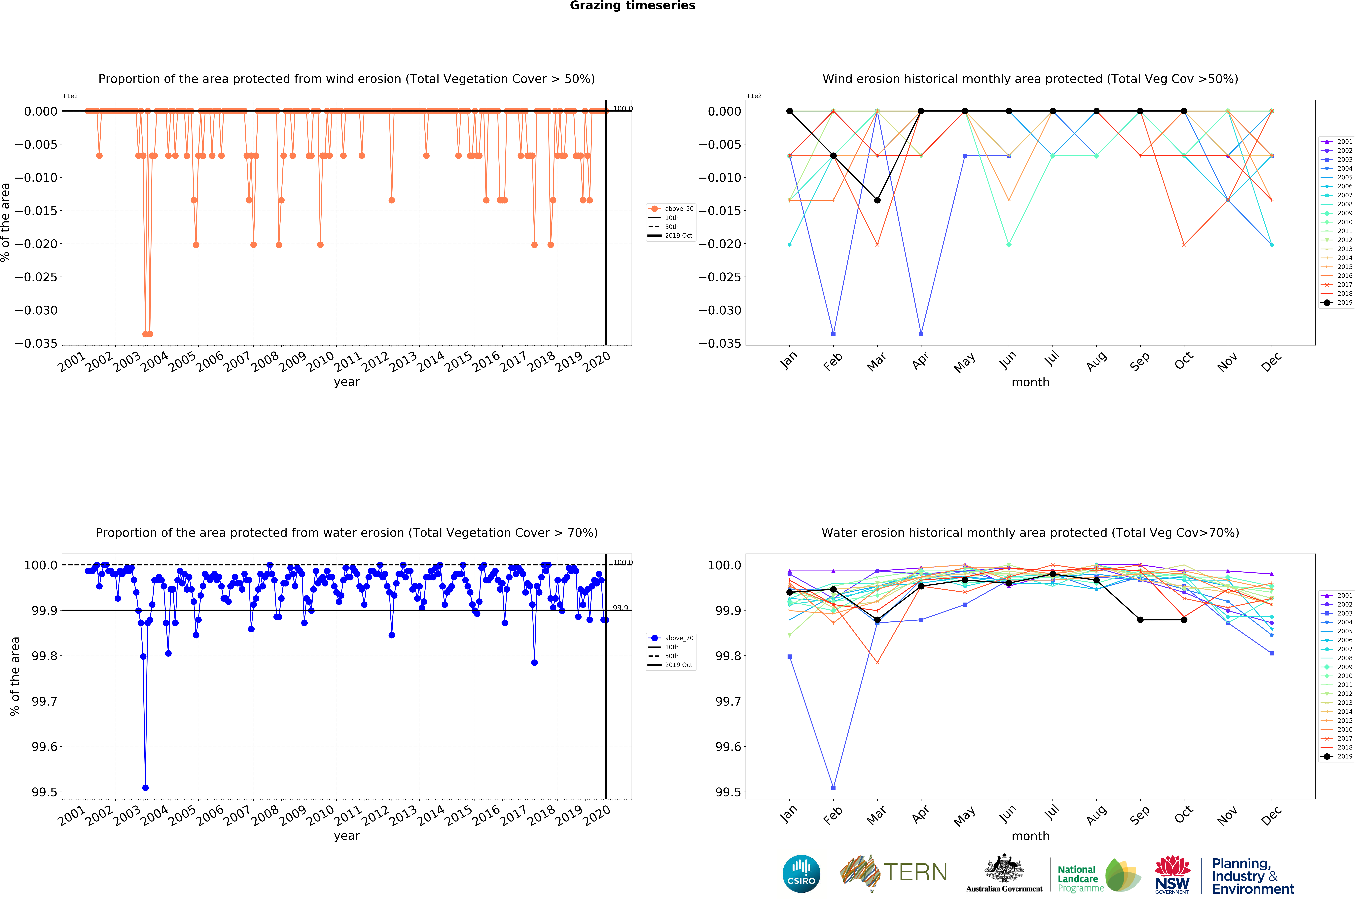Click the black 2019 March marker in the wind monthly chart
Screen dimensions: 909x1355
(x=877, y=200)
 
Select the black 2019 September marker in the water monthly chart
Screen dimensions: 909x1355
(x=1140, y=620)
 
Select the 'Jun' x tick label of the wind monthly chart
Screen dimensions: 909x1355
(x=1008, y=361)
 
